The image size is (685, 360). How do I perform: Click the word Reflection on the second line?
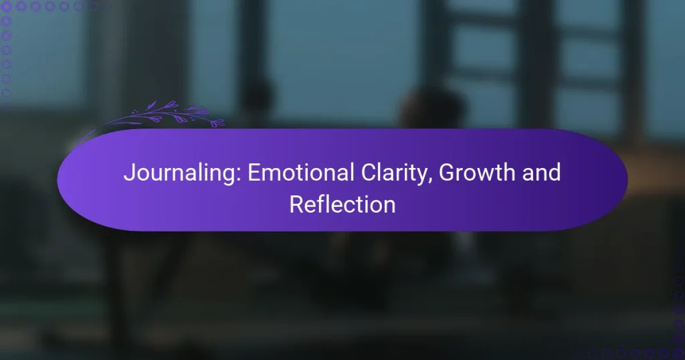[x=342, y=204]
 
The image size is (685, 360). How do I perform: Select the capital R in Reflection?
[x=295, y=204]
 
